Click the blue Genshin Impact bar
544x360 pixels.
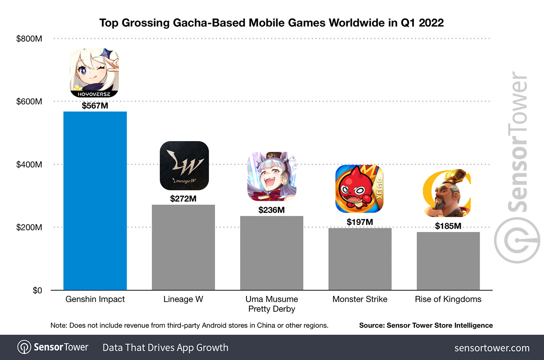pyautogui.click(x=95, y=201)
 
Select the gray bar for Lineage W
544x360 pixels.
pyautogui.click(x=183, y=247)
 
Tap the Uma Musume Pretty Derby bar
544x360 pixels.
pyautogui.click(x=272, y=253)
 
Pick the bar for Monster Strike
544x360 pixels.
pyautogui.click(x=360, y=259)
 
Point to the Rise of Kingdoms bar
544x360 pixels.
pyautogui.click(x=448, y=261)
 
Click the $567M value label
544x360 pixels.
pyautogui.click(x=95, y=106)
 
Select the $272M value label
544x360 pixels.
pyautogui.click(x=183, y=199)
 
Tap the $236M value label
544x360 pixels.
pyautogui.click(x=272, y=210)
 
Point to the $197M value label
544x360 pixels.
pyautogui.click(x=360, y=222)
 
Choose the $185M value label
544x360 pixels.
pyautogui.click(x=448, y=226)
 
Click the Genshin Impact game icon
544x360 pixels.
pyautogui.click(x=94, y=73)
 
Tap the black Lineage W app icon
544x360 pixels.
pyautogui.click(x=184, y=165)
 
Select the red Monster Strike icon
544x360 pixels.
pyautogui.click(x=359, y=189)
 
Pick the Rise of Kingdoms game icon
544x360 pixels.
pyautogui.click(x=447, y=193)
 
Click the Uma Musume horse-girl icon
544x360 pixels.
pyautogui.click(x=272, y=176)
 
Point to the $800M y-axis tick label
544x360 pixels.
pyautogui.click(x=29, y=39)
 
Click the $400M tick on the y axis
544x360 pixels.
pyautogui.click(x=29, y=164)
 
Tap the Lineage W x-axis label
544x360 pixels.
pyautogui.click(x=183, y=299)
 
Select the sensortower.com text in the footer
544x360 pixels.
pyautogui.click(x=492, y=348)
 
